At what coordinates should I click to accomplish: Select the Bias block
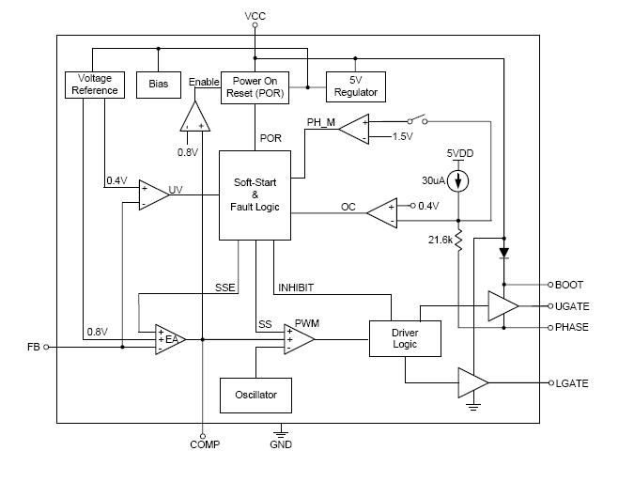[x=158, y=85]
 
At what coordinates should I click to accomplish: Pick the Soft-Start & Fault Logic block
[x=255, y=194]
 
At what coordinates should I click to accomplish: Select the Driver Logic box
[x=392, y=338]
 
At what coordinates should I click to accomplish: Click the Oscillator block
[x=255, y=395]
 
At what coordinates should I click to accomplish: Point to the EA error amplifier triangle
[x=170, y=339]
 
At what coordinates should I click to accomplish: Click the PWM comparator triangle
[x=297, y=339]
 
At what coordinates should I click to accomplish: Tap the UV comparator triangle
[x=152, y=194]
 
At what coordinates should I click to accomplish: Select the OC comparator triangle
[x=380, y=212]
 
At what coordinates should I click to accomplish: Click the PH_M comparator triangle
[x=353, y=130]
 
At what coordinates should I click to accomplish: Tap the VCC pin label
[x=255, y=17]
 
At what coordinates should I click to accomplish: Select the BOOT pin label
[x=569, y=285]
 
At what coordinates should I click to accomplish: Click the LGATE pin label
[x=572, y=382]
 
